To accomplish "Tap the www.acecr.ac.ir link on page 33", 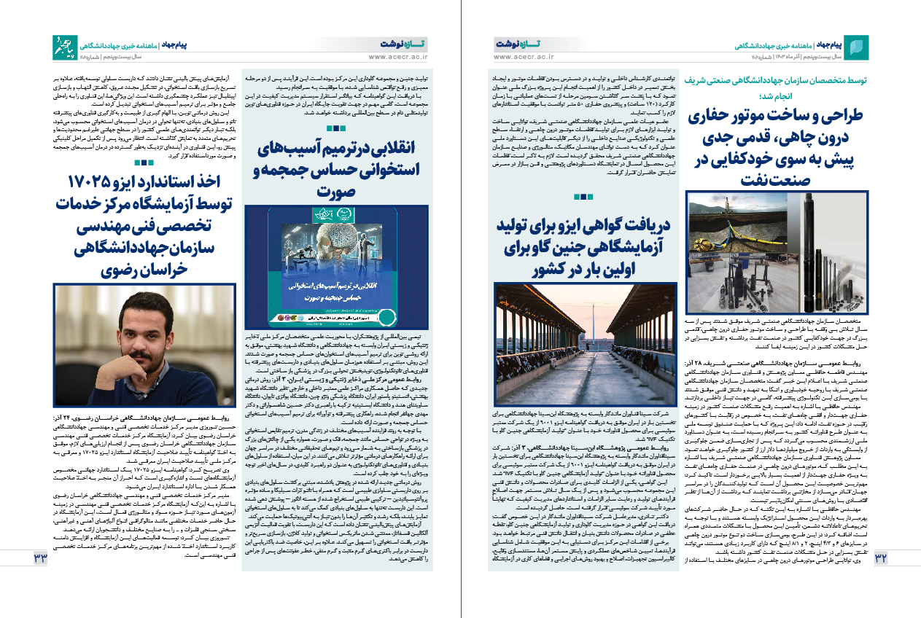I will (398, 56).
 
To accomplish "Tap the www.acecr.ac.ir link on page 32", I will (524, 56).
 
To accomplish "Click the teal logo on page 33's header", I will (64, 47).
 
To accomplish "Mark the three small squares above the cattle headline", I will (584, 197).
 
